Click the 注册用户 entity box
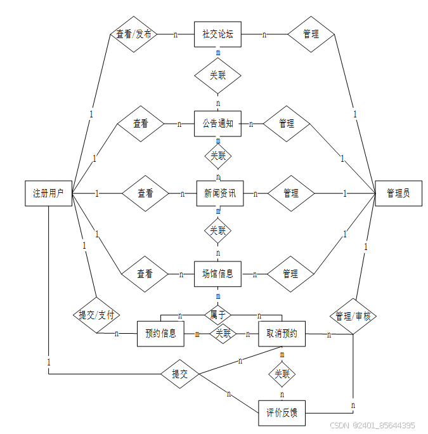pyautogui.click(x=48, y=193)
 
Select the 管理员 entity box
pyautogui.click(x=398, y=193)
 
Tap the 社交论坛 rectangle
pyautogui.click(x=217, y=34)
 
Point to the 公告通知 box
pyautogui.click(x=217, y=124)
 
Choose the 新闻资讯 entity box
pyautogui.click(x=219, y=193)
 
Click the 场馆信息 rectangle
pyautogui.click(x=217, y=274)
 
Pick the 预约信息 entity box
pyautogui.click(x=160, y=333)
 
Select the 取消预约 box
pyautogui.click(x=282, y=333)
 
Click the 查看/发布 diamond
pyautogui.click(x=133, y=34)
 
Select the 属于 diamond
pyautogui.click(x=217, y=313)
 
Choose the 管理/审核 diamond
pyautogui.click(x=353, y=315)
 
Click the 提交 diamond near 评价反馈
pyautogui.click(x=180, y=374)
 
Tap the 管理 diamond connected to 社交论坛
pyautogui.click(x=311, y=34)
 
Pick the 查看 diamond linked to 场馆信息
pyautogui.click(x=145, y=274)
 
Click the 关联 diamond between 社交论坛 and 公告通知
pyautogui.click(x=217, y=76)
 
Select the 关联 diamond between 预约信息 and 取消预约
pyautogui.click(x=223, y=333)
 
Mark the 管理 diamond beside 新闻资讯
pyautogui.click(x=291, y=193)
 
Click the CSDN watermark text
pyautogui.click(x=373, y=425)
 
